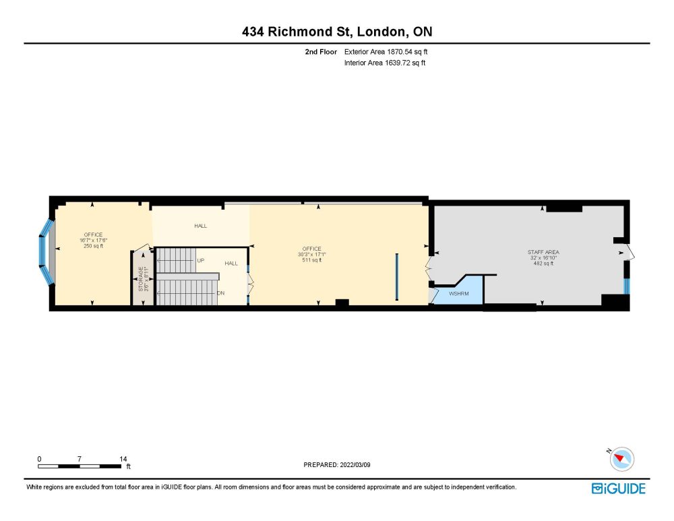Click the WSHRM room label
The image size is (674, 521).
point(458,294)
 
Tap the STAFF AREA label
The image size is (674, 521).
point(543,252)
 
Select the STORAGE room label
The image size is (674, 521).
point(141,279)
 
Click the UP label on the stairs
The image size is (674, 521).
point(200,260)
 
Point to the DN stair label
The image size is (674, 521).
point(220,293)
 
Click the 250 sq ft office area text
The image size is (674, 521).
point(93,246)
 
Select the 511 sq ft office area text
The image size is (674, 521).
point(311,260)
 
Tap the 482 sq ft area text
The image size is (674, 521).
point(543,264)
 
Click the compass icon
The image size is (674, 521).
point(621,459)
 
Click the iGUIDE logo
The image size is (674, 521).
point(619,489)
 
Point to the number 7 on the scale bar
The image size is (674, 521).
point(79,459)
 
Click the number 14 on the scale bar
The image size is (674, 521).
point(123,459)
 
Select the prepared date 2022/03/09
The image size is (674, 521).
point(355,464)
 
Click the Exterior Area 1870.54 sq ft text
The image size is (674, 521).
point(386,52)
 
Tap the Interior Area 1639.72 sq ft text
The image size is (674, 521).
point(385,63)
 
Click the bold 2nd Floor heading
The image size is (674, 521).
point(321,52)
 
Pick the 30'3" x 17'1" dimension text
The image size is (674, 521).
point(311,255)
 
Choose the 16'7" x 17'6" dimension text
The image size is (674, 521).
point(93,241)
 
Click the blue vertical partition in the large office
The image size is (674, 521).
point(397,277)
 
